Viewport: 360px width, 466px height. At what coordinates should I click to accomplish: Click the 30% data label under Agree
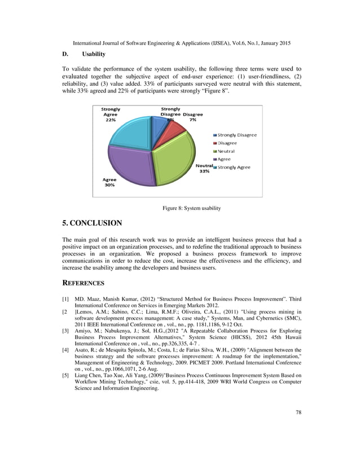(x=108, y=185)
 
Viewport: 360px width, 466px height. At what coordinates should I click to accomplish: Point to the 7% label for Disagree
(x=192, y=120)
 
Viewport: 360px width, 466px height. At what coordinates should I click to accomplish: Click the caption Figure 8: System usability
(x=191, y=208)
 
